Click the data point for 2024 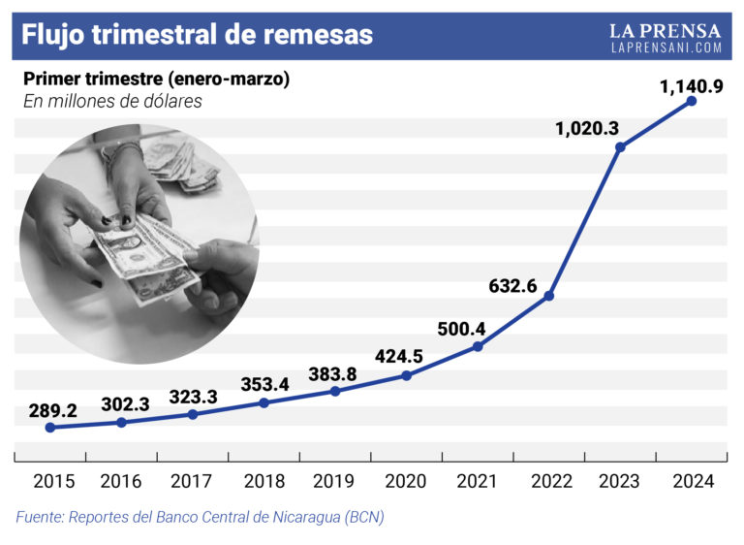692,100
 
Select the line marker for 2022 548,296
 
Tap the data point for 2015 49,427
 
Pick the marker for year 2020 406,374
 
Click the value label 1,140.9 692,87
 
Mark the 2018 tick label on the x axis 263,481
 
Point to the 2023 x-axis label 620,481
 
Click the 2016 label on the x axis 121,481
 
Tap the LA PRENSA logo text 666,29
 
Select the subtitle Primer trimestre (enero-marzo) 156,79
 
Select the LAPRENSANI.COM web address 666,47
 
